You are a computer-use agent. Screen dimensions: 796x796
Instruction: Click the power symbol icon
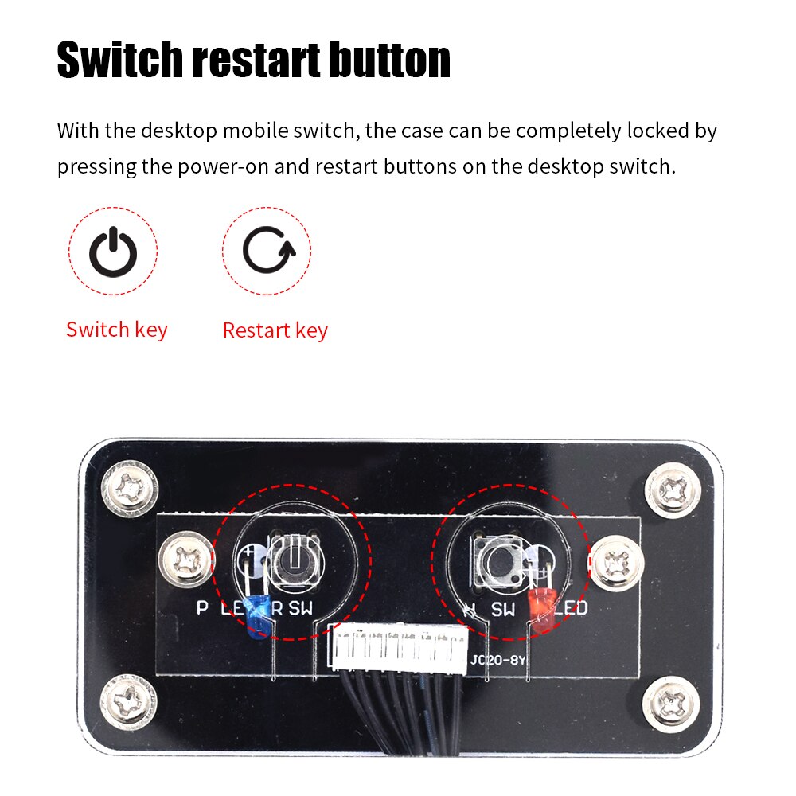click(113, 252)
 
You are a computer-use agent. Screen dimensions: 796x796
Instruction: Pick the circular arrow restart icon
click(267, 252)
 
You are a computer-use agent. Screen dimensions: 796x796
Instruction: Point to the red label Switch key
click(117, 330)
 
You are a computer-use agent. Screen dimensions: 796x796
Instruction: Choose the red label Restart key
click(275, 330)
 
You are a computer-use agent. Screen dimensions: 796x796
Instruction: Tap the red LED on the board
click(541, 611)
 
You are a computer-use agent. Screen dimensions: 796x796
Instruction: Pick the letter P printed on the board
click(202, 609)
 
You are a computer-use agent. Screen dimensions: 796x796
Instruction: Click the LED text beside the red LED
click(571, 609)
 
